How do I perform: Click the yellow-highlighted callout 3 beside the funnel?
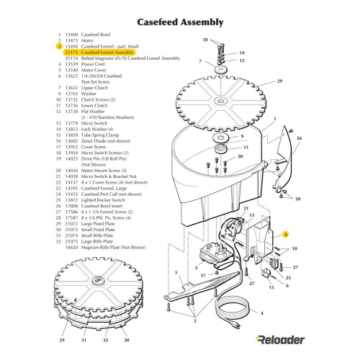[285, 235]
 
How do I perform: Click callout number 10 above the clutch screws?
[205, 40]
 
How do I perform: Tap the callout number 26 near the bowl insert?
[299, 137]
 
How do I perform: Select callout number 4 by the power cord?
[261, 314]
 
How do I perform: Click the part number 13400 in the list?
[71, 34]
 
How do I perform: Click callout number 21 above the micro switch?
[246, 208]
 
